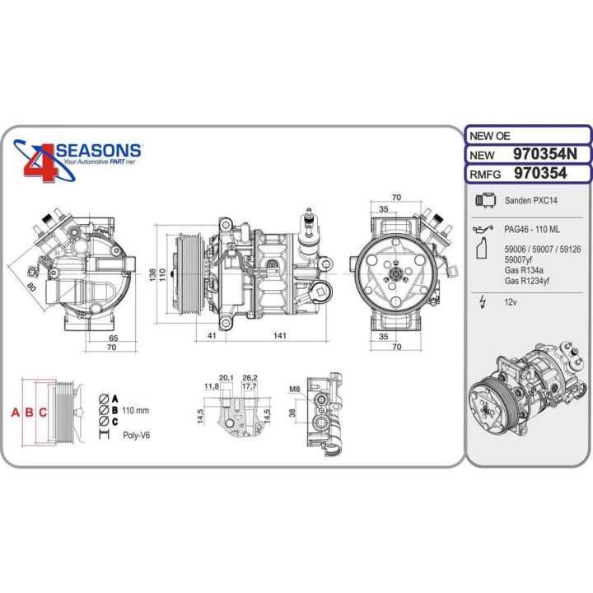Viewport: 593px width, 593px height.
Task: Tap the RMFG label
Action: (x=485, y=173)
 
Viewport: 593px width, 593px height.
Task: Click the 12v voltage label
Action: (x=510, y=302)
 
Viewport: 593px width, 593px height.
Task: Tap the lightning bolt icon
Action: (x=481, y=302)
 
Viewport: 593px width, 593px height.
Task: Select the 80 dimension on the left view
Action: (x=32, y=288)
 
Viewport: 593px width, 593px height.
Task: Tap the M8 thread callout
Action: (x=294, y=389)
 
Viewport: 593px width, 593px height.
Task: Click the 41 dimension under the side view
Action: (x=212, y=335)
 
